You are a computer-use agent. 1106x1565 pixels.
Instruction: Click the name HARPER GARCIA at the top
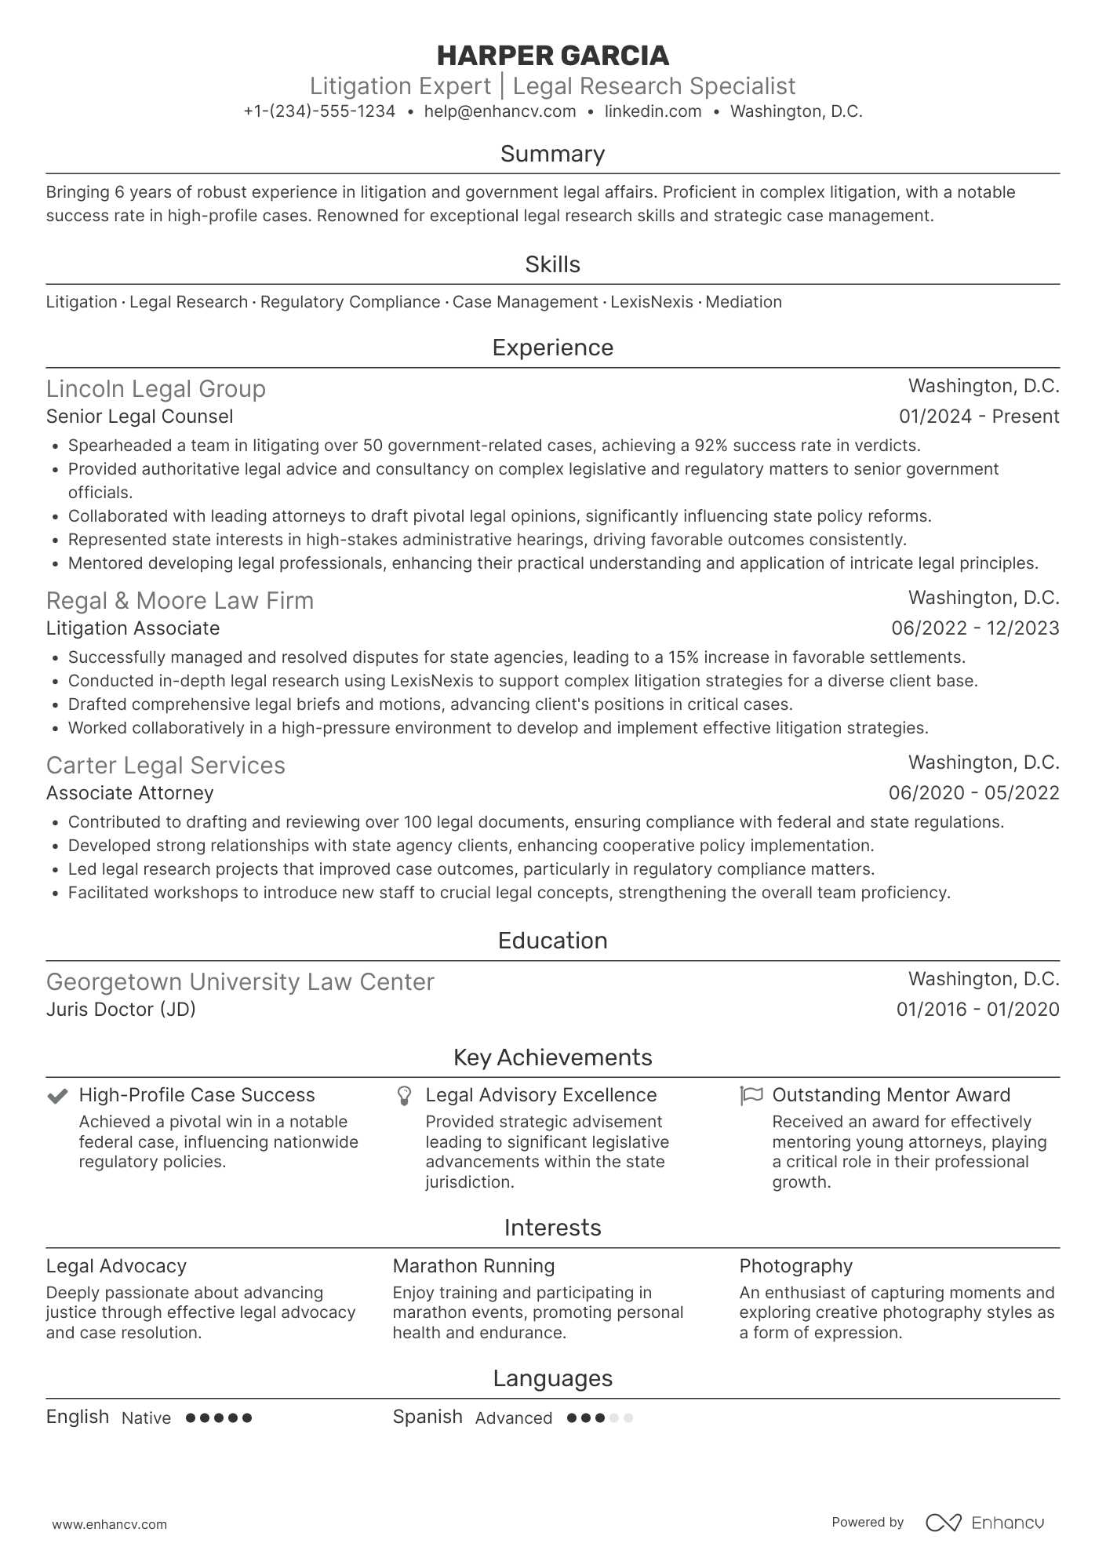click(x=552, y=56)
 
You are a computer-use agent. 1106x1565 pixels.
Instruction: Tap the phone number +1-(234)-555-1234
click(x=319, y=111)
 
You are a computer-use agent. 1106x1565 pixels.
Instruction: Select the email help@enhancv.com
click(x=500, y=111)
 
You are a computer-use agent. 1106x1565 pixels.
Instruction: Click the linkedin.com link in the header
click(x=653, y=111)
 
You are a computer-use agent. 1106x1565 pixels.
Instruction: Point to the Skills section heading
click(x=552, y=264)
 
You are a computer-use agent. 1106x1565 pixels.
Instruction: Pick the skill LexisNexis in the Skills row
click(x=652, y=302)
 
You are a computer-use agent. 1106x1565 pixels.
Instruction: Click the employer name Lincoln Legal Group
click(x=155, y=389)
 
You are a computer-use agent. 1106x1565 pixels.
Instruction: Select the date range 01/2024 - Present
click(x=979, y=417)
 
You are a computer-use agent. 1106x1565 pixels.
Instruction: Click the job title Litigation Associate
click(x=133, y=628)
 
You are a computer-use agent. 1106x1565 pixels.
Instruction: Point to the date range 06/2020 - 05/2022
click(x=973, y=793)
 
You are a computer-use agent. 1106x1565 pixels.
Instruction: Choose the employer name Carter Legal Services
click(x=166, y=766)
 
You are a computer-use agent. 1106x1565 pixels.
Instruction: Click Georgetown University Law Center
click(x=240, y=982)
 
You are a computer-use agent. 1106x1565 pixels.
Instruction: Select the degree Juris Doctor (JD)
click(x=121, y=1010)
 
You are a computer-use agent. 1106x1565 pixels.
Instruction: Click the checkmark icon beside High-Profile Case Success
click(x=56, y=1096)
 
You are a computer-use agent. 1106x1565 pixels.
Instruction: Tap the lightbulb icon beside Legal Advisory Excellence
click(x=404, y=1096)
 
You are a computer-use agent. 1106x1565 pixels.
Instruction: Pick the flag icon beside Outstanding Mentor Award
click(x=751, y=1096)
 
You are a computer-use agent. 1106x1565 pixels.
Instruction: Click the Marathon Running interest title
click(x=473, y=1266)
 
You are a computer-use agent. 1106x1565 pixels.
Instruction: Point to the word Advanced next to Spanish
click(x=513, y=1418)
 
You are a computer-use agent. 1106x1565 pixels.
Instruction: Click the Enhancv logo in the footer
click(x=985, y=1523)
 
